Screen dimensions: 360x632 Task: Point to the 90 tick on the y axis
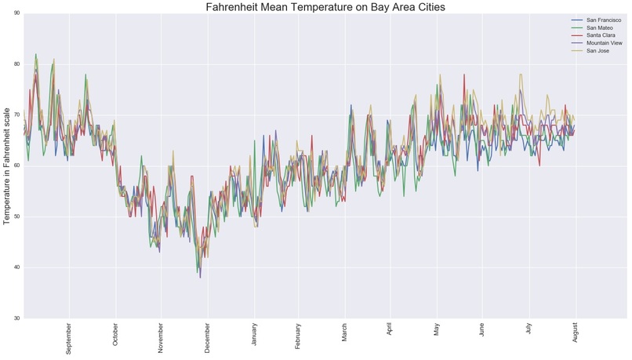tap(17, 13)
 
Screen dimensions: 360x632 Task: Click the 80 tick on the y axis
tap(17, 64)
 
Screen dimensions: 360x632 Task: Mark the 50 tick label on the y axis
tap(17, 216)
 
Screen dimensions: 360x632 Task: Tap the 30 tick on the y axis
tap(17, 318)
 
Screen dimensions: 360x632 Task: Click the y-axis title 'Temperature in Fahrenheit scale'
tap(7, 165)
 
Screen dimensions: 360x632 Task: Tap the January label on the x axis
tap(254, 336)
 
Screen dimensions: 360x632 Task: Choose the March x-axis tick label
tap(344, 333)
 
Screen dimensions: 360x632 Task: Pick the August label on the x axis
tap(576, 334)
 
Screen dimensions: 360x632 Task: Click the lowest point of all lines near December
tap(200, 278)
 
